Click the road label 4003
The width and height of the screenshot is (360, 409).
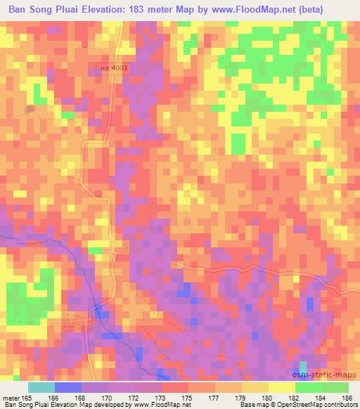click(115, 68)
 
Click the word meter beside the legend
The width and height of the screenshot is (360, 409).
click(11, 398)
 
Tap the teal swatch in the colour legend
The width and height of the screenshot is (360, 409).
click(41, 387)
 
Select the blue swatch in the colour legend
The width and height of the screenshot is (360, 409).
click(68, 387)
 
